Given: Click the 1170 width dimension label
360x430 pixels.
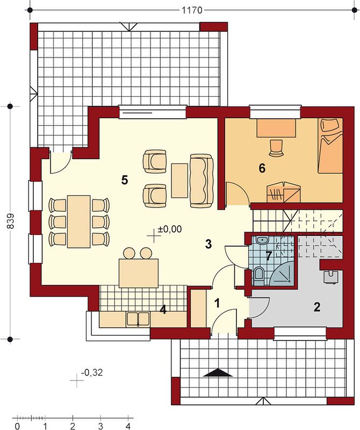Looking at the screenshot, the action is pyautogui.click(x=192, y=10).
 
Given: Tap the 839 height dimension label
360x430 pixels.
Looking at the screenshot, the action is pyautogui.click(x=10, y=221).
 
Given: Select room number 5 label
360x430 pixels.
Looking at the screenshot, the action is pyautogui.click(x=125, y=180).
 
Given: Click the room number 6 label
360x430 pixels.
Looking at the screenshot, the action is pyautogui.click(x=262, y=168).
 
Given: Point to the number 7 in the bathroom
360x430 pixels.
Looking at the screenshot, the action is pyautogui.click(x=269, y=256).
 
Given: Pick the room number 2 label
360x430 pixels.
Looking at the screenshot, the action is pyautogui.click(x=317, y=307).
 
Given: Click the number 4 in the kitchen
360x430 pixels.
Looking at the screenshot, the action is pyautogui.click(x=163, y=310).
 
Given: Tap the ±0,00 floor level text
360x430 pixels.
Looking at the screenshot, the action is pyautogui.click(x=170, y=229).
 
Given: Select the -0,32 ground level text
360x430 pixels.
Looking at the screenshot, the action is pyautogui.click(x=92, y=372).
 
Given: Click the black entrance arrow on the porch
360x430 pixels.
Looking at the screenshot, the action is pyautogui.click(x=218, y=373).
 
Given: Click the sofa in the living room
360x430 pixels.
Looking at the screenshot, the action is pyautogui.click(x=202, y=181).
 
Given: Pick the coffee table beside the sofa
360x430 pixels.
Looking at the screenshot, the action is pyautogui.click(x=179, y=181).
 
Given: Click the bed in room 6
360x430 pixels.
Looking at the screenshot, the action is pyautogui.click(x=330, y=146).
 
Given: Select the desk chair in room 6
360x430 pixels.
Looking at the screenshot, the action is pyautogui.click(x=276, y=148).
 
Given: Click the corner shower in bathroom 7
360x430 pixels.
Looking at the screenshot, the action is pyautogui.click(x=283, y=273).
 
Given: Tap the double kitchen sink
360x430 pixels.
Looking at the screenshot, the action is pyautogui.click(x=138, y=319).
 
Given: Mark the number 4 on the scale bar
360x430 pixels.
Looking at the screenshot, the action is pyautogui.click(x=128, y=426).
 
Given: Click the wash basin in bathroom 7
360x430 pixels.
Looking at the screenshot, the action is pyautogui.click(x=263, y=240).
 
